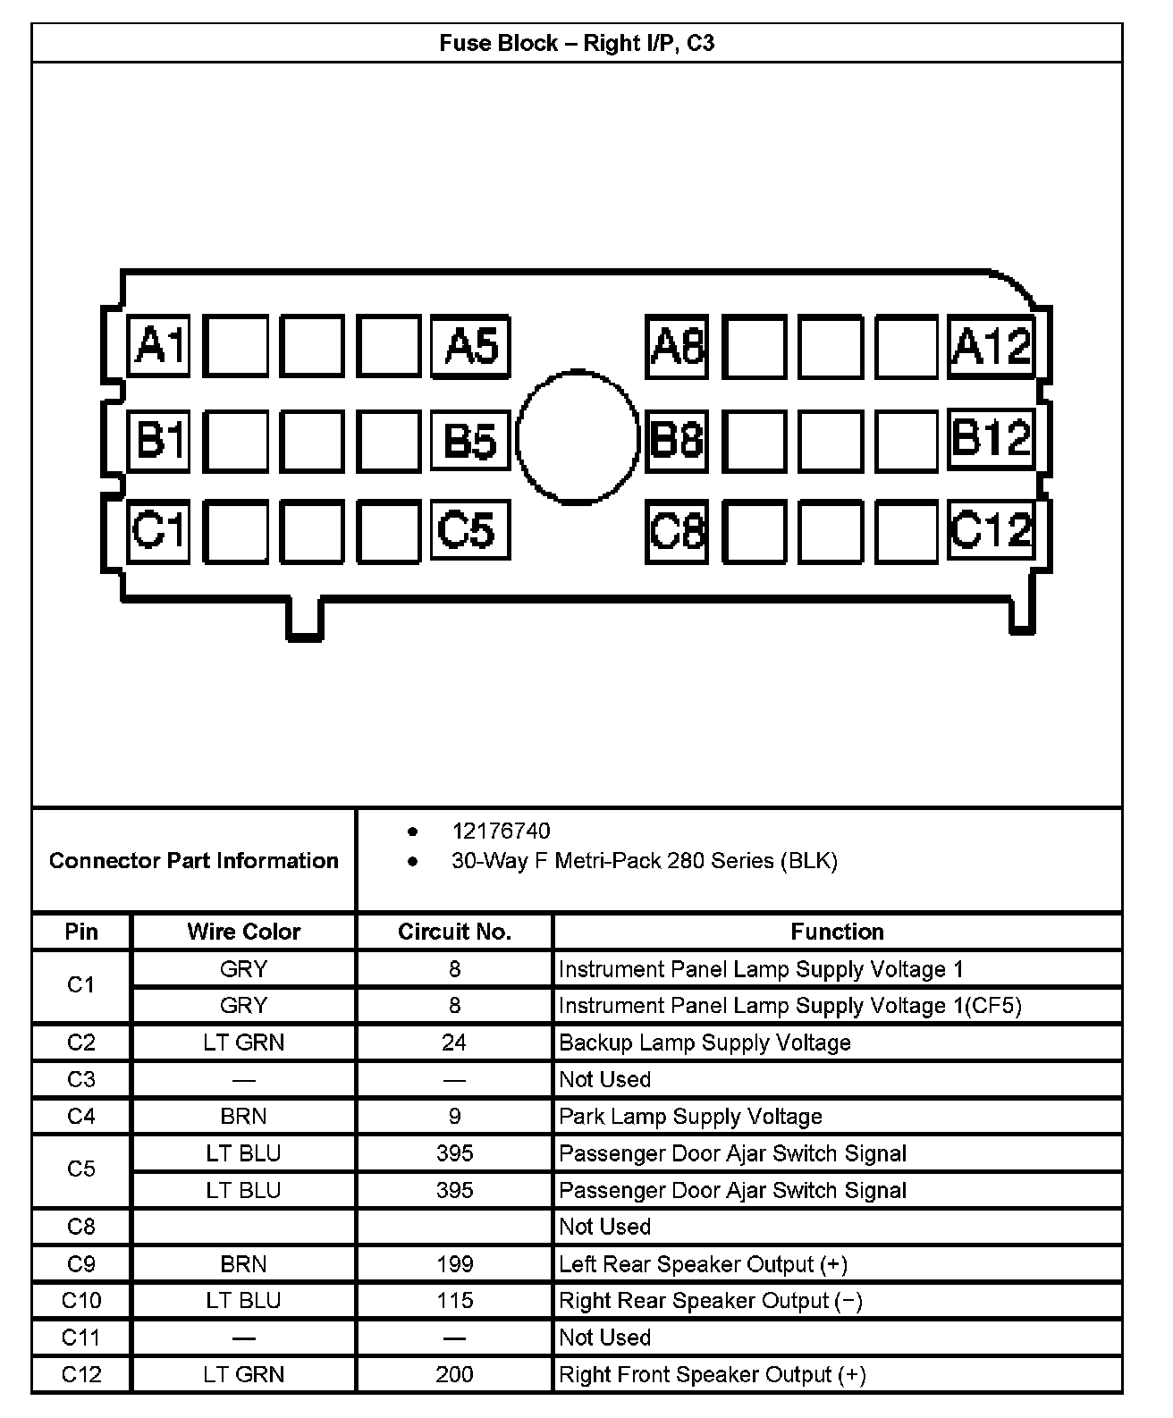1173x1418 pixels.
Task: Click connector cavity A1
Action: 158,345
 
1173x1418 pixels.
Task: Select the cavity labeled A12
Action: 992,345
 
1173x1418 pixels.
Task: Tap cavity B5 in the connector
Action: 470,440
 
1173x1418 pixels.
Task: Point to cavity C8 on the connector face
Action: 677,530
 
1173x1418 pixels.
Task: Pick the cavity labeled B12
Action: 992,438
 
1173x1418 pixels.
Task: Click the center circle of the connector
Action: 578,435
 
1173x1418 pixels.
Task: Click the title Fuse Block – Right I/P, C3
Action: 577,43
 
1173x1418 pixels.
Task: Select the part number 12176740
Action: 501,831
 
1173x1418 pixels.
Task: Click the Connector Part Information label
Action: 194,861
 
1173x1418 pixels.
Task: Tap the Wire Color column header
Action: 243,932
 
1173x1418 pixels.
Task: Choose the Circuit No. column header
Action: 454,932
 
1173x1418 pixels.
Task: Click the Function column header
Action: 837,932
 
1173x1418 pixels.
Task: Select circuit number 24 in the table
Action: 454,1042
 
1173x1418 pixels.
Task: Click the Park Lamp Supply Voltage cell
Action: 690,1117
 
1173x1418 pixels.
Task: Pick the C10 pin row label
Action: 81,1301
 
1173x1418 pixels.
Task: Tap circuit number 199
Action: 454,1264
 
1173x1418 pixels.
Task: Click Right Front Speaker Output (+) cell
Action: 712,1374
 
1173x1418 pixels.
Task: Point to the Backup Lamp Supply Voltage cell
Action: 705,1042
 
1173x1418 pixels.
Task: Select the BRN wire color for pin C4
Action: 243,1117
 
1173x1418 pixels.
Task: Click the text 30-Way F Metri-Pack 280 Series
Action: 644,861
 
